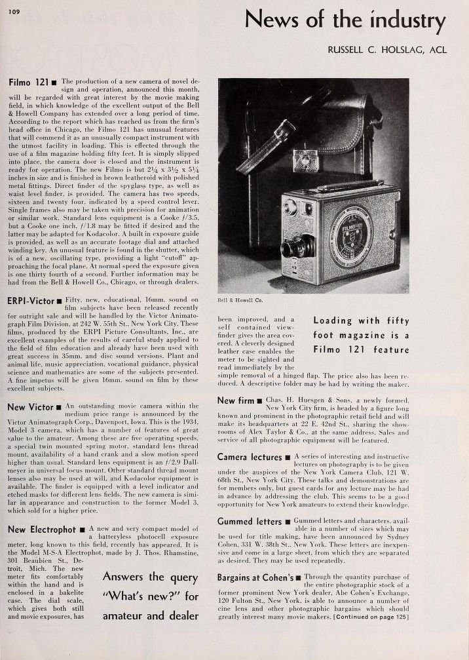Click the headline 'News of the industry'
point(345,21)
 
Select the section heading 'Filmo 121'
point(30,84)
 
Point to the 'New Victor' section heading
point(30,407)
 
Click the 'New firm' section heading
point(236,400)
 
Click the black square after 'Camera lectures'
point(290,457)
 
